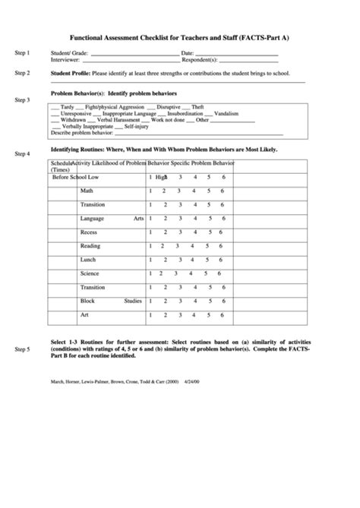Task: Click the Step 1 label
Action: click(x=22, y=53)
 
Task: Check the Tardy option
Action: click(x=68, y=107)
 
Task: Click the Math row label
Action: click(x=87, y=191)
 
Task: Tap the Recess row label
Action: click(x=89, y=232)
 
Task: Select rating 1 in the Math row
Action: click(x=150, y=191)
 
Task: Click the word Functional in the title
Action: click(x=92, y=36)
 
